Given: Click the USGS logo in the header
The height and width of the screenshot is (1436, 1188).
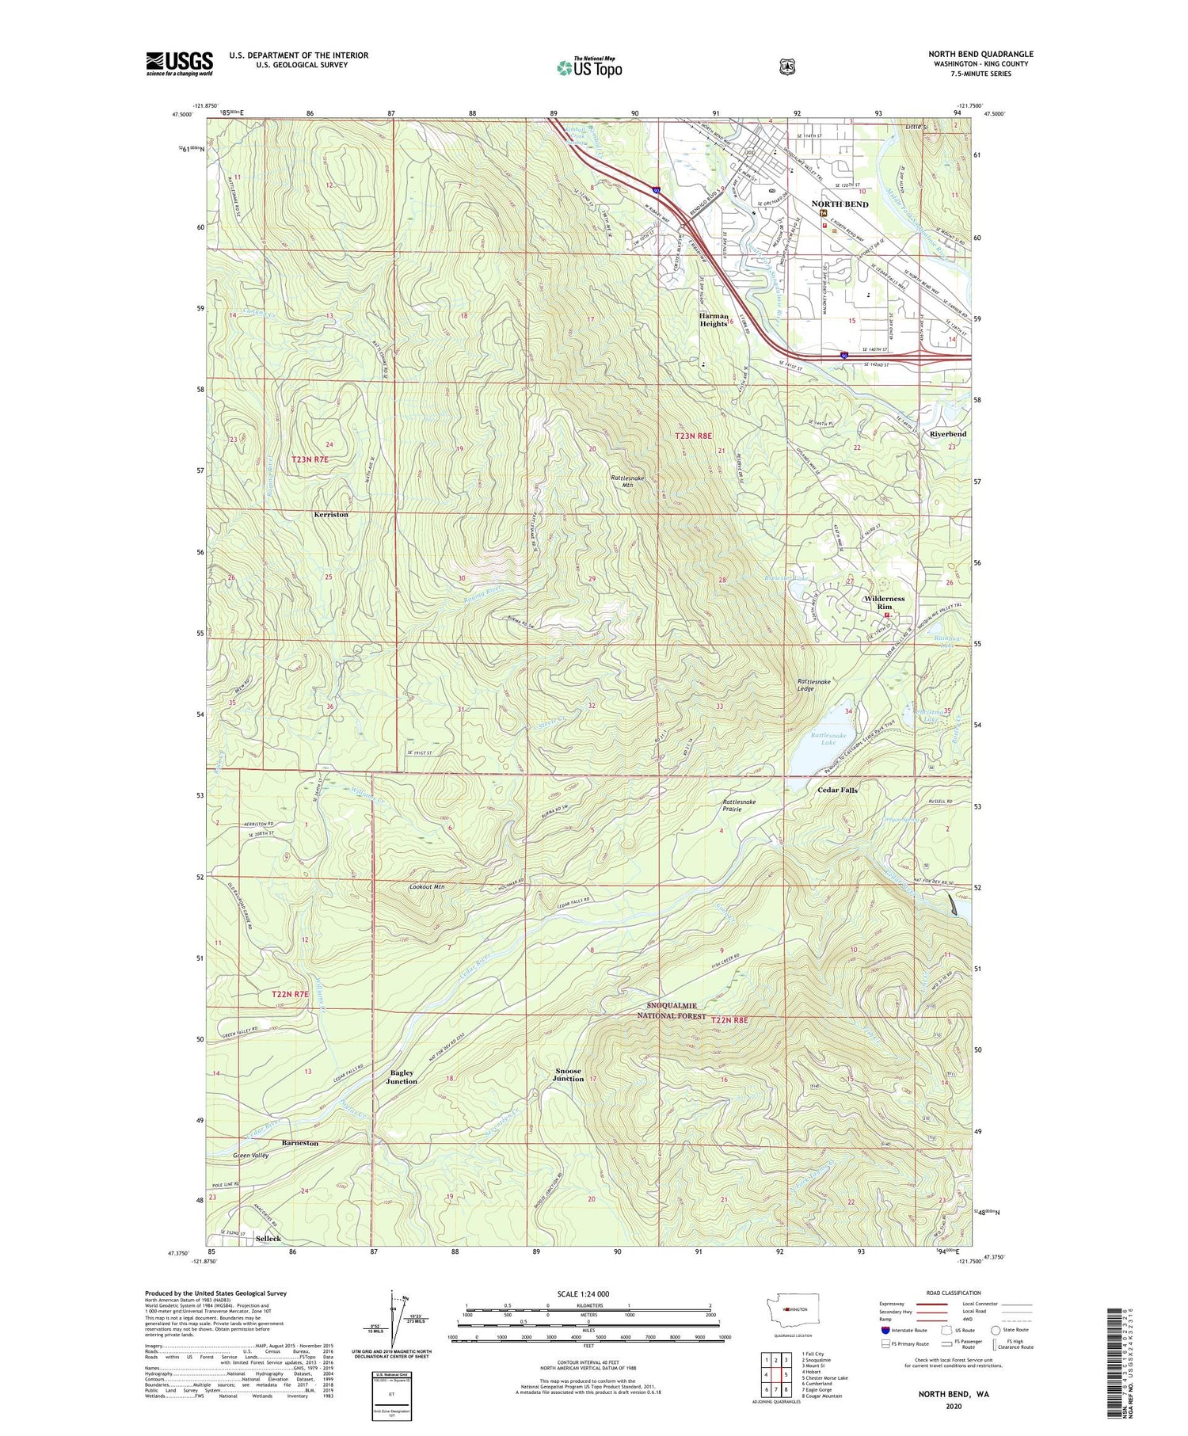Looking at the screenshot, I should pyautogui.click(x=179, y=63).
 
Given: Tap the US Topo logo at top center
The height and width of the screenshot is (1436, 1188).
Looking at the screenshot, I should pyautogui.click(x=589, y=67).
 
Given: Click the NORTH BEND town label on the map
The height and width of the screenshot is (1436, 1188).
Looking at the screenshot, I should pyautogui.click(x=840, y=204).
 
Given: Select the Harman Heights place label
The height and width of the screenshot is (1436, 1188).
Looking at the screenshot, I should pyautogui.click(x=713, y=319).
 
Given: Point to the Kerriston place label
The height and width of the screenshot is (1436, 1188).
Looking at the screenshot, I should pyautogui.click(x=331, y=515).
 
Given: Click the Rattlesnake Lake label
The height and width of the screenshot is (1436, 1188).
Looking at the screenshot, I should pyautogui.click(x=824, y=738).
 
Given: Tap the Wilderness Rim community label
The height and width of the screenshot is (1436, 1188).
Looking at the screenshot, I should pyautogui.click(x=885, y=603).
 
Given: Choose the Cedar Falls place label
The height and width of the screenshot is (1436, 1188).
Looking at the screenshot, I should pyautogui.click(x=837, y=790).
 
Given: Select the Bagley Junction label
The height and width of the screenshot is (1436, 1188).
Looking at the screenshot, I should pyautogui.click(x=402, y=1077).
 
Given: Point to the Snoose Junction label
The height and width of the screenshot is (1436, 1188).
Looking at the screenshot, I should pyautogui.click(x=568, y=1075).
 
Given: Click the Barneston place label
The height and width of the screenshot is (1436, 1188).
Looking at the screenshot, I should pyautogui.click(x=300, y=1143).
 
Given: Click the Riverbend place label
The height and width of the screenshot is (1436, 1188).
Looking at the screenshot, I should pyautogui.click(x=948, y=434).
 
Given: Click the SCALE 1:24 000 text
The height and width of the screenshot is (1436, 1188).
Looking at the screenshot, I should pyautogui.click(x=583, y=1293).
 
